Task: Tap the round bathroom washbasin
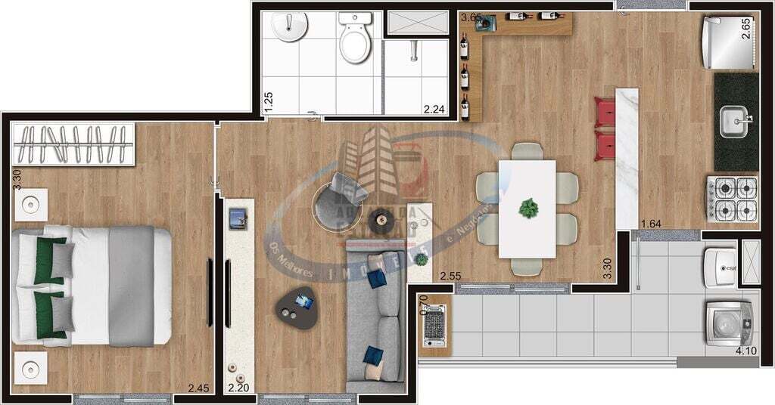(289, 27)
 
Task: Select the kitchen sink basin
(733, 122)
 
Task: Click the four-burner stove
(733, 198)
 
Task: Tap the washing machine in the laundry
(730, 323)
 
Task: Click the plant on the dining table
(528, 207)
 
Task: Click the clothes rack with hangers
(73, 144)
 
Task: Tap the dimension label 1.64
(651, 224)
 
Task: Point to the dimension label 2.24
(434, 109)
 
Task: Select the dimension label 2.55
(450, 277)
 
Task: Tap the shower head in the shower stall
(414, 51)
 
